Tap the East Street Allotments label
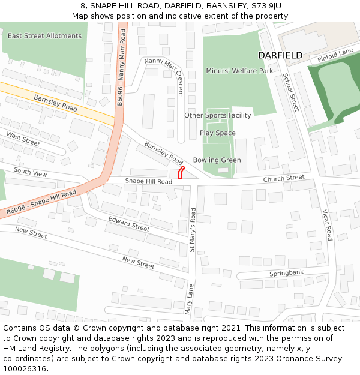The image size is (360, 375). pos(44,36)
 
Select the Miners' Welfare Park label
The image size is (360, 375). pos(239,71)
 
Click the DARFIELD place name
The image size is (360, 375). pos(280,55)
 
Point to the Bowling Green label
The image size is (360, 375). pos(217,160)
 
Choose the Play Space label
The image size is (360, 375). pos(217,133)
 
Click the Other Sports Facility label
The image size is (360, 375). pos(217,115)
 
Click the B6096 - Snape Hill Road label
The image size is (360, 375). pos(41,203)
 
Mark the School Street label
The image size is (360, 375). pos(290,92)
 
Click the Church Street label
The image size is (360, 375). pos(284,178)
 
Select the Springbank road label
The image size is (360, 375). pos(286,272)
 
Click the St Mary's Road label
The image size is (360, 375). pos(193,229)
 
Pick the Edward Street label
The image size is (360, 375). pos(128,224)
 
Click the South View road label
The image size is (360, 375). pos(30,173)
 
